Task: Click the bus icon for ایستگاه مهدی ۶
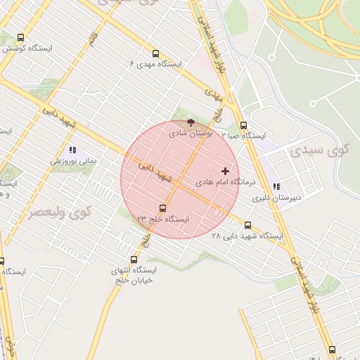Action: [155, 53]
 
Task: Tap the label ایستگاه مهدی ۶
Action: [155, 64]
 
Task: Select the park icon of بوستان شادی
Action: [191, 123]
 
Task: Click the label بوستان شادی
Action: [191, 133]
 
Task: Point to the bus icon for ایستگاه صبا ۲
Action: [243, 125]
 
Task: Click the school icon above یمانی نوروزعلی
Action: [72, 150]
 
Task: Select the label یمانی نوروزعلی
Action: [72, 161]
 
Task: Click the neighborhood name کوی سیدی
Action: [309, 150]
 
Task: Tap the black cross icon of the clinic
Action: [225, 171]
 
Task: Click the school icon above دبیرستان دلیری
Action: [276, 187]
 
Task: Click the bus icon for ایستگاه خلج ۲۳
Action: [162, 208]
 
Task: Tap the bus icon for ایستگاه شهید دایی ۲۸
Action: [247, 226]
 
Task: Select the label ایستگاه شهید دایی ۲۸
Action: [247, 236]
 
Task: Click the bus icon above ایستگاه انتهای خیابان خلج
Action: [134, 259]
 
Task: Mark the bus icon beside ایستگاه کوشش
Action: [20, 38]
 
